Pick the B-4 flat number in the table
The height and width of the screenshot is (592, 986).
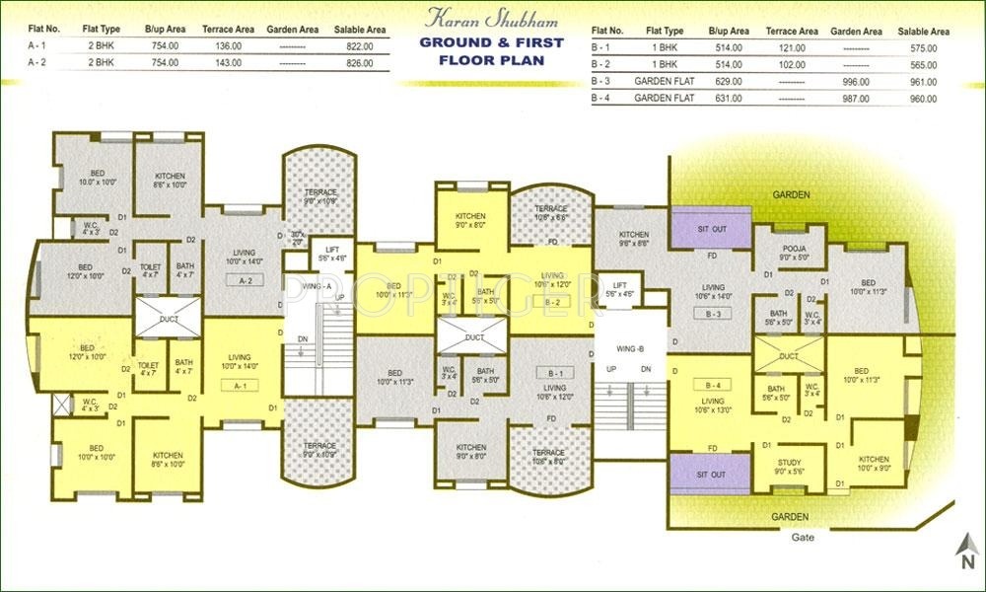tap(601, 99)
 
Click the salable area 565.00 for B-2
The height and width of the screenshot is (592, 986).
tap(923, 64)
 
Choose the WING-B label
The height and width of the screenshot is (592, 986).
tap(629, 349)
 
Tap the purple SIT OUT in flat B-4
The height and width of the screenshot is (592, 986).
tap(711, 475)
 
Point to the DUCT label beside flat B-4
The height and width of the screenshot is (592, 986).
tap(788, 356)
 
